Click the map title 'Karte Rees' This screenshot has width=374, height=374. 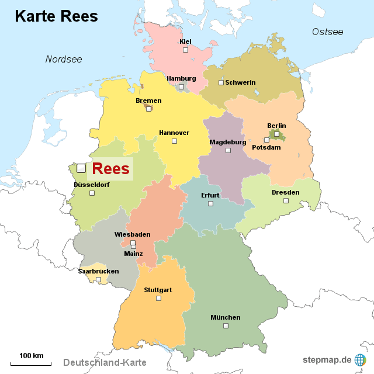tap(56, 16)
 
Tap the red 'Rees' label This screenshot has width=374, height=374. tap(110, 169)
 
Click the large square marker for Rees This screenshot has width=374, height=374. tap(81, 168)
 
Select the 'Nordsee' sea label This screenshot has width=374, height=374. tap(64, 59)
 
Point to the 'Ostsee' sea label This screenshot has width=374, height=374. tap(327, 32)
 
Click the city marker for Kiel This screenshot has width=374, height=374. tap(185, 50)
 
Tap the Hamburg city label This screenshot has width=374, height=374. tap(181, 78)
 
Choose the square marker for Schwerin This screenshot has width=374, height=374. tap(221, 82)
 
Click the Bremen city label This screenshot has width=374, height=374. tap(148, 101)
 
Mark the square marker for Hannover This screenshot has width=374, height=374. tap(174, 141)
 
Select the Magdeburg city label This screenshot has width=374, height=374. tap(228, 142)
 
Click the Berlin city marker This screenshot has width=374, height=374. tap(276, 134)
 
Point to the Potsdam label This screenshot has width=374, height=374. tap(266, 147)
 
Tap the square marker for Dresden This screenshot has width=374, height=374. tap(286, 200)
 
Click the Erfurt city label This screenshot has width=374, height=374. tap(210, 195)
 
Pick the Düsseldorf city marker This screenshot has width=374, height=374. tap(92, 193)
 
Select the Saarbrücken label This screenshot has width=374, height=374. tap(98, 271)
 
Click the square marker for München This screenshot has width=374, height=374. tap(226, 325)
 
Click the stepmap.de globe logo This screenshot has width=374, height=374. tap(360, 359)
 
